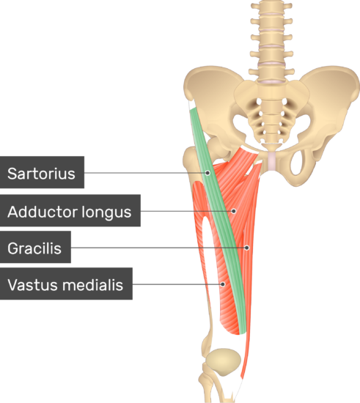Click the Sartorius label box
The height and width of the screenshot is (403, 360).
pyautogui.click(x=42, y=172)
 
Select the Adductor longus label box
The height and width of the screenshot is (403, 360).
pyautogui.click(x=70, y=210)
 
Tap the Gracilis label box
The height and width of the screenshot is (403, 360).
pyautogui.click(x=35, y=247)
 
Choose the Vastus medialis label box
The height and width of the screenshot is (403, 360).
pyautogui.click(x=66, y=284)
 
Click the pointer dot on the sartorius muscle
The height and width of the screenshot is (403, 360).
pyautogui.click(x=207, y=173)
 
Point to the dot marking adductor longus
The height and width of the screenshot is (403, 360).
pyautogui.click(x=233, y=211)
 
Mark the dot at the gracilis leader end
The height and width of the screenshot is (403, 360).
pyautogui.click(x=246, y=248)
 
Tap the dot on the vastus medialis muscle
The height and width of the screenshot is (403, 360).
pyautogui.click(x=223, y=284)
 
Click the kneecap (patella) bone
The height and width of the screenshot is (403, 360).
pyautogui.click(x=224, y=362)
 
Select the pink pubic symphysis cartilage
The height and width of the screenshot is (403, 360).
pyautogui.click(x=272, y=161)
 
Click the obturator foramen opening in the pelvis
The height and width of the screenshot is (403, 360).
pyautogui.click(x=298, y=163)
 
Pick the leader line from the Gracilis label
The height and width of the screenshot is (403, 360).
pyautogui.click(x=158, y=248)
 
